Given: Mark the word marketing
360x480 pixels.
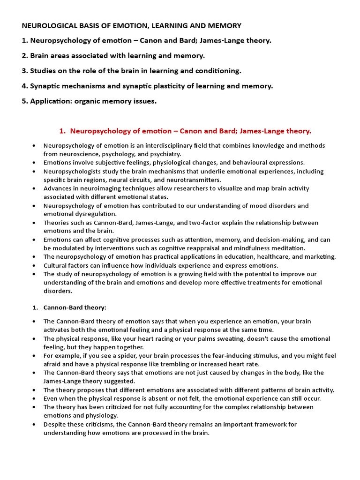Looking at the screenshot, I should (320, 256).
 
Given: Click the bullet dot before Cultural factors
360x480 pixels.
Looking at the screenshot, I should (35, 265).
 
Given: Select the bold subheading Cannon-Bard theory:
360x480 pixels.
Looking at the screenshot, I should (75, 307).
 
